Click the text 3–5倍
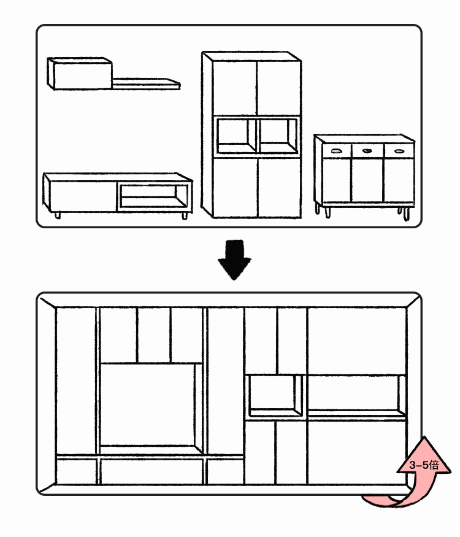pos(424,465)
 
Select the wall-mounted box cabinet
pos(80,74)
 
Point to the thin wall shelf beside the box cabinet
pos(146,83)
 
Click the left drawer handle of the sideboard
pos(337,151)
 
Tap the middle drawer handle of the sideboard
pos(367,151)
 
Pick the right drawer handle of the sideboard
pos(399,151)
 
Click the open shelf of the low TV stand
pos(153,196)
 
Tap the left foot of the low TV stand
pos(57,215)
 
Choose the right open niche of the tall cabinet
pos(278,136)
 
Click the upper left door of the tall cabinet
pos(234,88)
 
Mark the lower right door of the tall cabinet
pos(279,187)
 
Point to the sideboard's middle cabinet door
pos(367,180)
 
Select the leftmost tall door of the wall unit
pos(75,381)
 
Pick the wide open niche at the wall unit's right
pos(356,396)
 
